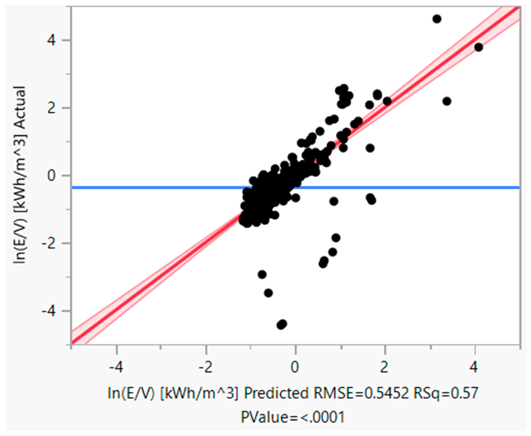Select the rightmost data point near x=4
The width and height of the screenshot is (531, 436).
tap(478, 47)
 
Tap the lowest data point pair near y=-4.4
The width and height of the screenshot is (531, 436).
tap(282, 325)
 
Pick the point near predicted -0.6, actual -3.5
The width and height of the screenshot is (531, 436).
tap(268, 293)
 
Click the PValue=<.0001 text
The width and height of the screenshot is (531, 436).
tap(292, 417)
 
